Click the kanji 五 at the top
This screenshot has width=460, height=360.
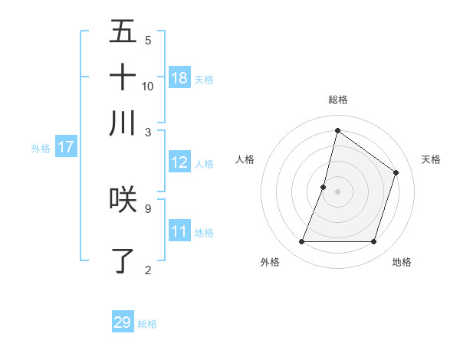pyautogui.click(x=123, y=32)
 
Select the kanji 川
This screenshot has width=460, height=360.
pyautogui.click(x=123, y=123)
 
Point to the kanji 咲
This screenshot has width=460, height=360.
pyautogui.click(x=123, y=200)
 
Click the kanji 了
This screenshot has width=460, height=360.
pyautogui.click(x=123, y=260)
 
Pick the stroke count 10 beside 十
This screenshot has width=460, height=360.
pyautogui.click(x=148, y=86)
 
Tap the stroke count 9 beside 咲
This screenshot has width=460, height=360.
pyautogui.click(x=148, y=208)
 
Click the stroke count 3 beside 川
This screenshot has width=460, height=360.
pyautogui.click(x=148, y=131)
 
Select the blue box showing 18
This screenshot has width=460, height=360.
pyautogui.click(x=179, y=78)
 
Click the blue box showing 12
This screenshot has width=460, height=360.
pyautogui.click(x=179, y=162)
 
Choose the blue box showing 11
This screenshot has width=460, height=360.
pyautogui.click(x=179, y=231)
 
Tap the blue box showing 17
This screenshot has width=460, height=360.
pyautogui.click(x=65, y=147)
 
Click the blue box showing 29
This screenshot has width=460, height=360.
pyautogui.click(x=123, y=322)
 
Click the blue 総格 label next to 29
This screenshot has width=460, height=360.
pyautogui.click(x=148, y=324)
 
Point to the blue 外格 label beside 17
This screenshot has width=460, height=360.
pyautogui.click(x=41, y=149)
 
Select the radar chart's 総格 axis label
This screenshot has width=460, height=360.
pyautogui.click(x=337, y=100)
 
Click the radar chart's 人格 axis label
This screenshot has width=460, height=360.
pyautogui.click(x=245, y=159)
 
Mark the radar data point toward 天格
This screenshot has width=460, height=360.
pyautogui.click(x=396, y=173)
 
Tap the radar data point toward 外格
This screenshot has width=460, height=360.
pyautogui.click(x=301, y=242)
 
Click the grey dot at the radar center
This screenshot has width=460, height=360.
pyautogui.click(x=337, y=191)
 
